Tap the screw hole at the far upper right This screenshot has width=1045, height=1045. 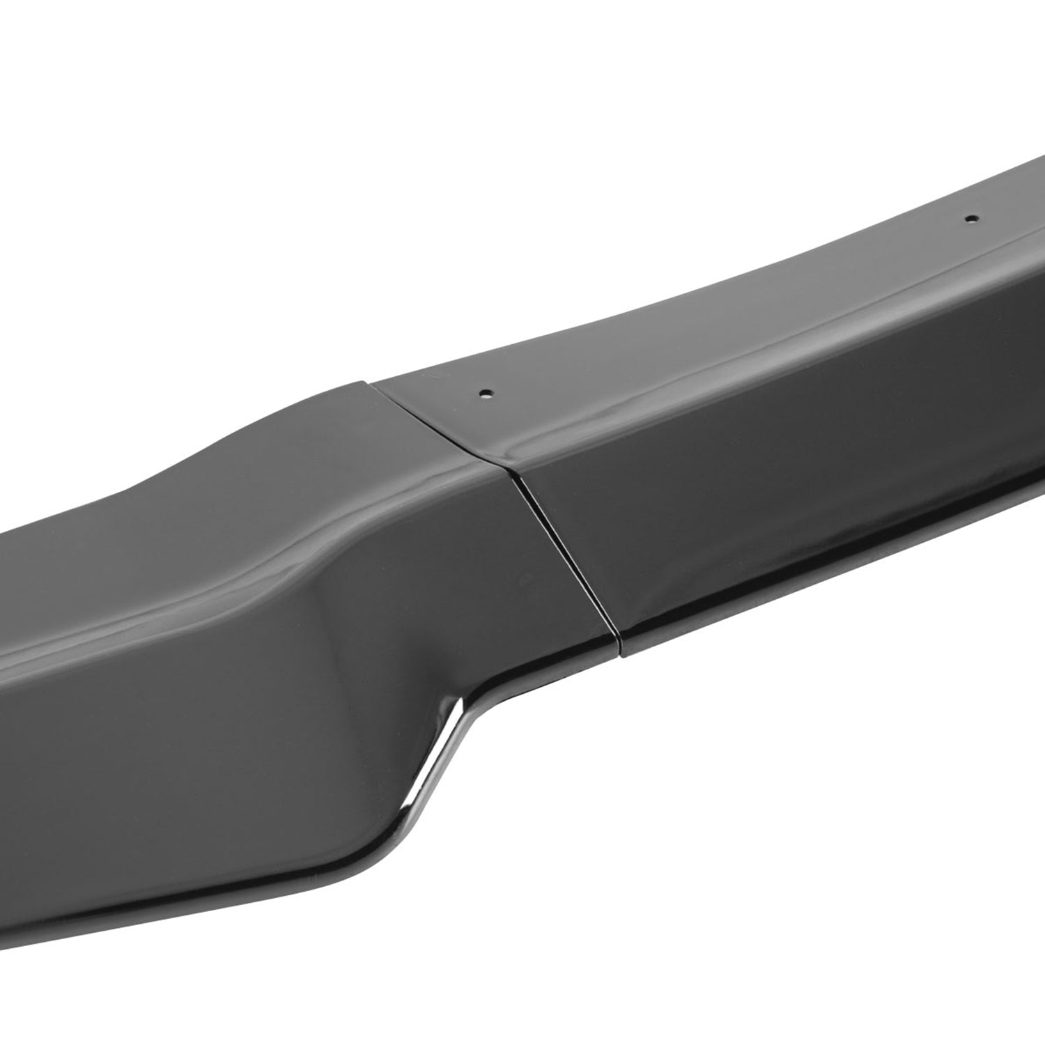pos(968,217)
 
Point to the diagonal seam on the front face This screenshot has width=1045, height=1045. pos(564,554)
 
